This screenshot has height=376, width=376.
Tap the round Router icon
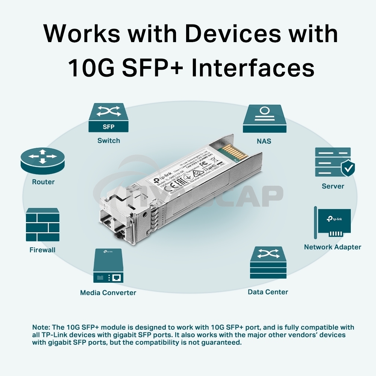[43, 160]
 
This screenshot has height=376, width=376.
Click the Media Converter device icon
[109, 265]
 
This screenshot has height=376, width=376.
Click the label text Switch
[109, 141]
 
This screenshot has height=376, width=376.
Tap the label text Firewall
[42, 250]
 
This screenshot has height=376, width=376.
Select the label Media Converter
[108, 293]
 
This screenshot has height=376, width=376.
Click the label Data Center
[268, 292]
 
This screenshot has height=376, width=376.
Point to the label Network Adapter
[332, 247]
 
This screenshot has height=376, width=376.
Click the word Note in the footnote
[40, 327]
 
